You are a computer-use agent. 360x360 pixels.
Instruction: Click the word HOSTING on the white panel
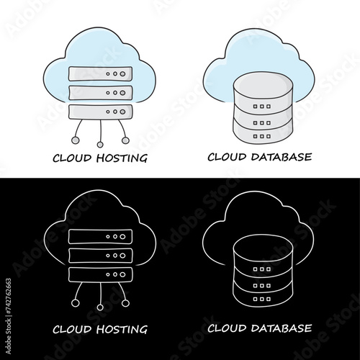[122, 158]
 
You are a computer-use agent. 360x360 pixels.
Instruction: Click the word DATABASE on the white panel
[282, 157]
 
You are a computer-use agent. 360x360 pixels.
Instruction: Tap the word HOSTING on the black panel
[122, 329]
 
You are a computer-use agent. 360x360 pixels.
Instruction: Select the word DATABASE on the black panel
[282, 328]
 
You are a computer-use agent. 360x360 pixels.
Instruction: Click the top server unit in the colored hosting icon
[100, 73]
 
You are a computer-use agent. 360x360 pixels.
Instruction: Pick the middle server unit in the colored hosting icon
[100, 93]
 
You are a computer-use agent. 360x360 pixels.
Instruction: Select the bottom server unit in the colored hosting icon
[100, 112]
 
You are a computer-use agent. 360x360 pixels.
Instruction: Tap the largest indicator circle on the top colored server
[122, 74]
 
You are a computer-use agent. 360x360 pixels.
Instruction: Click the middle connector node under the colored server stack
[100, 145]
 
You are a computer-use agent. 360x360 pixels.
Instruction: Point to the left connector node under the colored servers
[76, 140]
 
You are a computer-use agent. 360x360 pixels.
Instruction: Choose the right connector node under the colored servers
[125, 140]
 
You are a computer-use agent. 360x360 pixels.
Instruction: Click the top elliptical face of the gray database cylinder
[263, 85]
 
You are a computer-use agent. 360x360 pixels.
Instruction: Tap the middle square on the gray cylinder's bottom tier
[262, 136]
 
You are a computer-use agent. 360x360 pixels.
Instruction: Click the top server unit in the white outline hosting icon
[100, 237]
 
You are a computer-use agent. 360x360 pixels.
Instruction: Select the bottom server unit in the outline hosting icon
[100, 274]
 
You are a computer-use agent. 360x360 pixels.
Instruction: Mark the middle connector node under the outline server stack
[100, 307]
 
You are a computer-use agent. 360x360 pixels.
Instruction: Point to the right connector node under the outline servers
[125, 303]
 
